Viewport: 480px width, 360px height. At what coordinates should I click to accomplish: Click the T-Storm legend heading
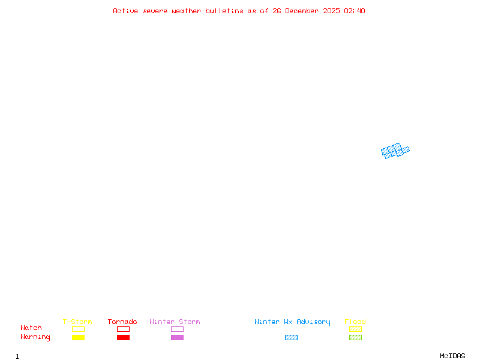pyautogui.click(x=77, y=322)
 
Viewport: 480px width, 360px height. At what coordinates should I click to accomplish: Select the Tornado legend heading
pyautogui.click(x=122, y=322)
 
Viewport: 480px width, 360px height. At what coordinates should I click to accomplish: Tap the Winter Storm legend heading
pyautogui.click(x=175, y=322)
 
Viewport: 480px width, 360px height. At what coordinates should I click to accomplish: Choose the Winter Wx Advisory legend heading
pyautogui.click(x=292, y=322)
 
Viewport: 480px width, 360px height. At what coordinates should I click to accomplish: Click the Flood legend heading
pyautogui.click(x=355, y=322)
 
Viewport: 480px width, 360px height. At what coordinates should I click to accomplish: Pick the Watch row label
pyautogui.click(x=31, y=328)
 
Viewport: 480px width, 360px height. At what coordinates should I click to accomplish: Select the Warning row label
pyautogui.click(x=35, y=337)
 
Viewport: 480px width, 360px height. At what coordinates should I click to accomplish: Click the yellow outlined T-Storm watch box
pyautogui.click(x=78, y=329)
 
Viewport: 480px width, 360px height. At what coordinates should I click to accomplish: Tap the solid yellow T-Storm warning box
pyautogui.click(x=78, y=338)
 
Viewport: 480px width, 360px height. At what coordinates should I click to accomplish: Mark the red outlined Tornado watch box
pyautogui.click(x=123, y=329)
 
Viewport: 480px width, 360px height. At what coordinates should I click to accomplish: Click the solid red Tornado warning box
pyautogui.click(x=123, y=338)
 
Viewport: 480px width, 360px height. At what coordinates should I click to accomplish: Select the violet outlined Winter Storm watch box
pyautogui.click(x=177, y=329)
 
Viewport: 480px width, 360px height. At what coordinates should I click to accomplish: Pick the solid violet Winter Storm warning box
pyautogui.click(x=177, y=338)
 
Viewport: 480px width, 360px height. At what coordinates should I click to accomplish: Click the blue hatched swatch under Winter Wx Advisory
pyautogui.click(x=291, y=338)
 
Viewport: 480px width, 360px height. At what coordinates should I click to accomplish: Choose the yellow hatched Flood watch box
pyautogui.click(x=355, y=329)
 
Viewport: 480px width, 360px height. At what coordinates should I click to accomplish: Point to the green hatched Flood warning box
pyautogui.click(x=355, y=338)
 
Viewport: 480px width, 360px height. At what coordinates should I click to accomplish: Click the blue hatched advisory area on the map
pyautogui.click(x=395, y=151)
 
